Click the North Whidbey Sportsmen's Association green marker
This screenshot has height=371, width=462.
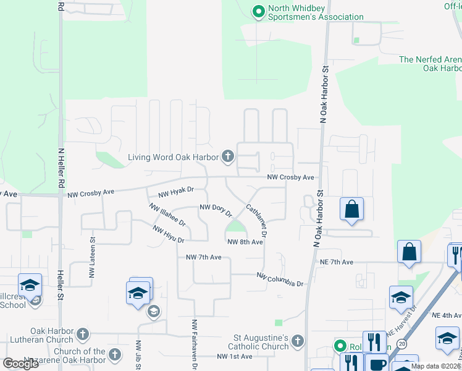tap(259, 12)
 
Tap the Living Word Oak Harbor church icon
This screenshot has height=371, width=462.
tap(228, 156)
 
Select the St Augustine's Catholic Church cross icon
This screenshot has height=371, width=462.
tap(297, 341)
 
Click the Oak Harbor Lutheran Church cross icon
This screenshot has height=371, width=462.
tap(82, 335)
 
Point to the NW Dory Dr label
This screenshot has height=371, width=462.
tap(216, 210)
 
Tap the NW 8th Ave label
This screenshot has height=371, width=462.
tap(245, 242)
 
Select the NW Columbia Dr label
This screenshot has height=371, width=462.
tap(280, 279)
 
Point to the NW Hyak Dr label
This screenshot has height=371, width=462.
tap(176, 192)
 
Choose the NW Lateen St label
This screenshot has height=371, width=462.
tap(93, 258)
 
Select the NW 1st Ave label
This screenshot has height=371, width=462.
tap(234, 357)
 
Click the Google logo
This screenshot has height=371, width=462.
tap(21, 364)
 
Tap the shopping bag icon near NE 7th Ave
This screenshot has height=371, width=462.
tap(409, 252)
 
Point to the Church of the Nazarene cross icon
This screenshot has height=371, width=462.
tap(115, 354)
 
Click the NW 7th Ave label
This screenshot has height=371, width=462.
tap(203, 257)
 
